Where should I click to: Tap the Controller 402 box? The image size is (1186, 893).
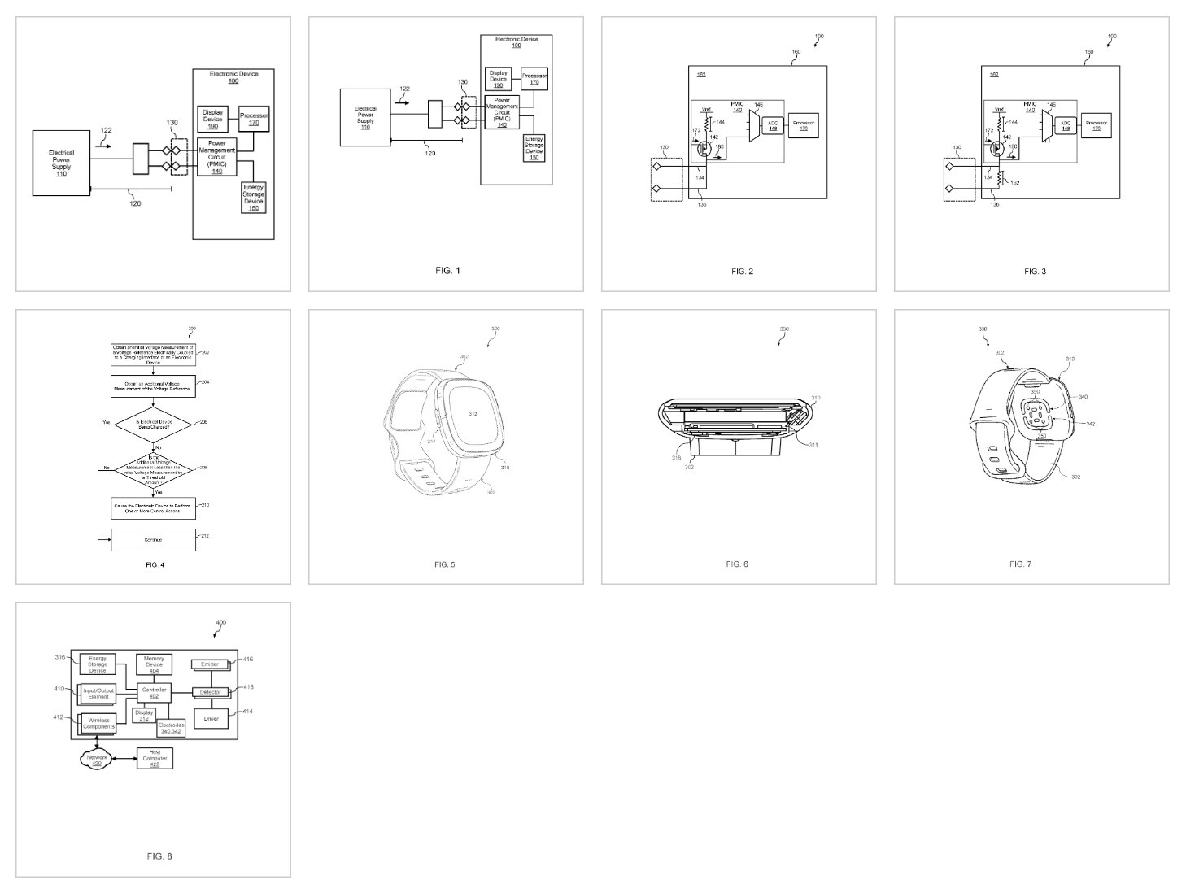click(154, 693)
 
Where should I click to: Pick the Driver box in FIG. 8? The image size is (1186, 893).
click(211, 719)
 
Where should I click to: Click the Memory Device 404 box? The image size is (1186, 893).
click(154, 664)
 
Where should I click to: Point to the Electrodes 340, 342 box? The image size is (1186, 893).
click(171, 728)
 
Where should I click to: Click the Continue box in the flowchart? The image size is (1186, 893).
click(153, 539)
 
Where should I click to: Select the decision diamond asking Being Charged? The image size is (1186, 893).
click(153, 424)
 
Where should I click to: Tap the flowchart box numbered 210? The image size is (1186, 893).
click(153, 507)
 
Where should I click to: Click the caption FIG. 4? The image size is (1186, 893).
click(153, 564)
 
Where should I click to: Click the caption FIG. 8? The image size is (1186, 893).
click(159, 856)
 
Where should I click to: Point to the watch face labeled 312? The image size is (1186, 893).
click(473, 414)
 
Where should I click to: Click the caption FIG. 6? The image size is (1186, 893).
click(737, 564)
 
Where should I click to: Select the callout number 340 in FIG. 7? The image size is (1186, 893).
click(1082, 397)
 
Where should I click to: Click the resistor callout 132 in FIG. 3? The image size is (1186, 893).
click(1014, 182)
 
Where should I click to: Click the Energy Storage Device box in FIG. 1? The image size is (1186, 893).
click(534, 148)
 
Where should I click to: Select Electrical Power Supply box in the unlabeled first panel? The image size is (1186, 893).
click(61, 163)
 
